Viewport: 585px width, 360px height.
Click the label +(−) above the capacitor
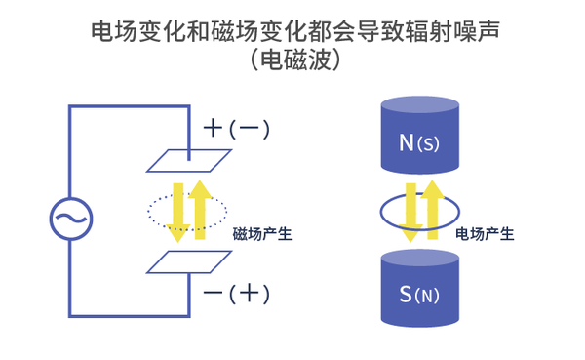pos(235,129)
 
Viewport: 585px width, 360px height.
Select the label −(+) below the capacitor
pos(235,293)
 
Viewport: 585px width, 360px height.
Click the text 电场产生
pos(485,234)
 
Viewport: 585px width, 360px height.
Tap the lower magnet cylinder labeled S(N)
pos(418,288)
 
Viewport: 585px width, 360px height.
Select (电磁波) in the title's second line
pos(292,61)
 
